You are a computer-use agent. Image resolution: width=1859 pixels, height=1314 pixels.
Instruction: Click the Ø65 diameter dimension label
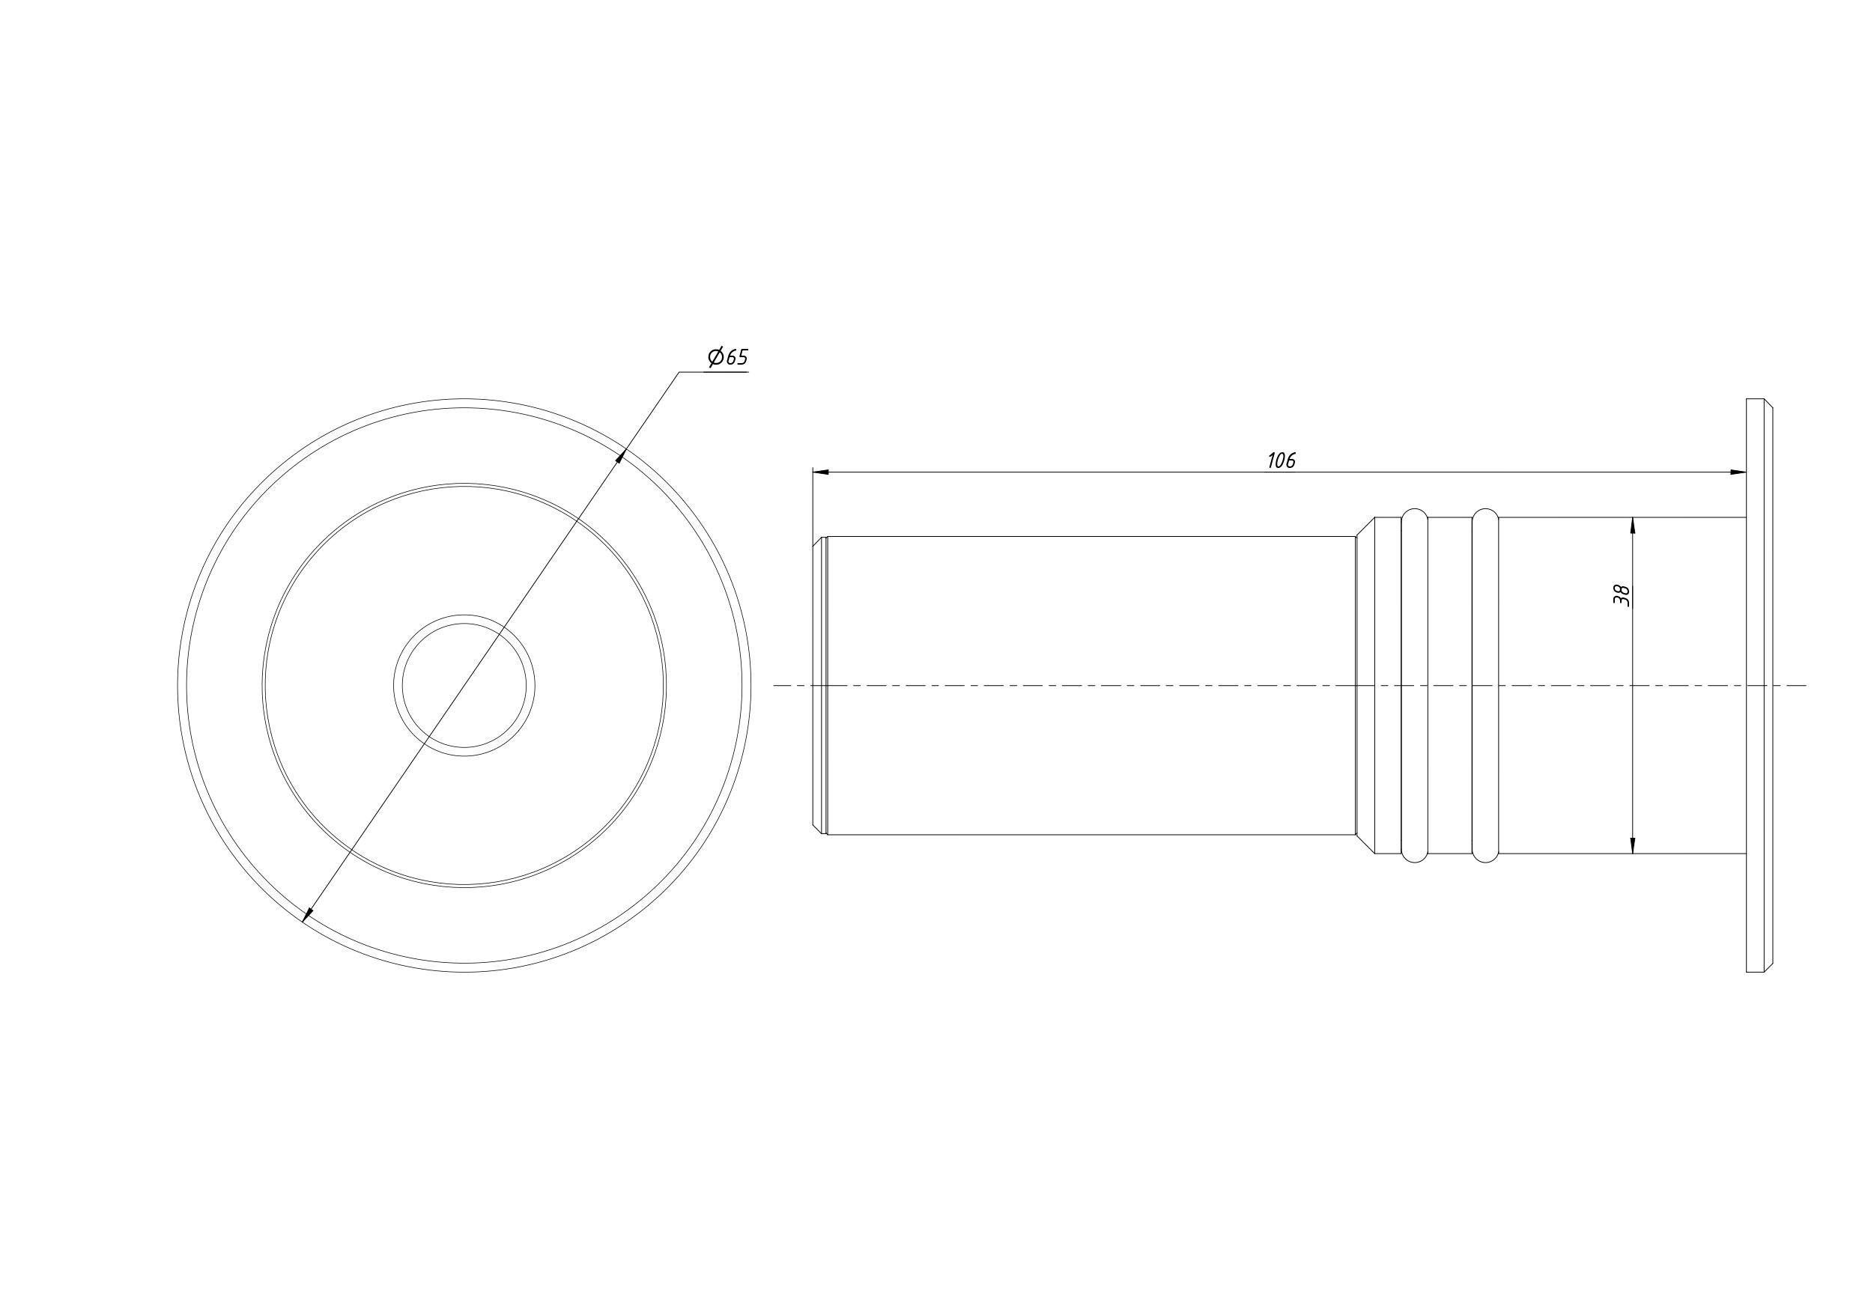coord(728,357)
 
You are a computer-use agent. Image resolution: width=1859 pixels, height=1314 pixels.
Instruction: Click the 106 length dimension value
coord(1282,460)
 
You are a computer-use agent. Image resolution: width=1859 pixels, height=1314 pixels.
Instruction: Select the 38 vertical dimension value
coord(1622,595)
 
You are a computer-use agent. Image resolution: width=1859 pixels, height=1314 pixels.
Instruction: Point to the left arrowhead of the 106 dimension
coord(821,471)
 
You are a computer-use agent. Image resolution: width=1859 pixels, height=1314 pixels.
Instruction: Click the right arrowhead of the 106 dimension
coord(1738,471)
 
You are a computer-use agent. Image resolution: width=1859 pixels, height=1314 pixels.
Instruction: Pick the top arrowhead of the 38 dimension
coord(1632,526)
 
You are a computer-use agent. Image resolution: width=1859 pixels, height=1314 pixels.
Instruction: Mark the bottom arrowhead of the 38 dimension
coord(1632,845)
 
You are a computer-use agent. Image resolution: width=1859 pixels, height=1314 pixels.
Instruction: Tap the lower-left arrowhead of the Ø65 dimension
coord(307,915)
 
